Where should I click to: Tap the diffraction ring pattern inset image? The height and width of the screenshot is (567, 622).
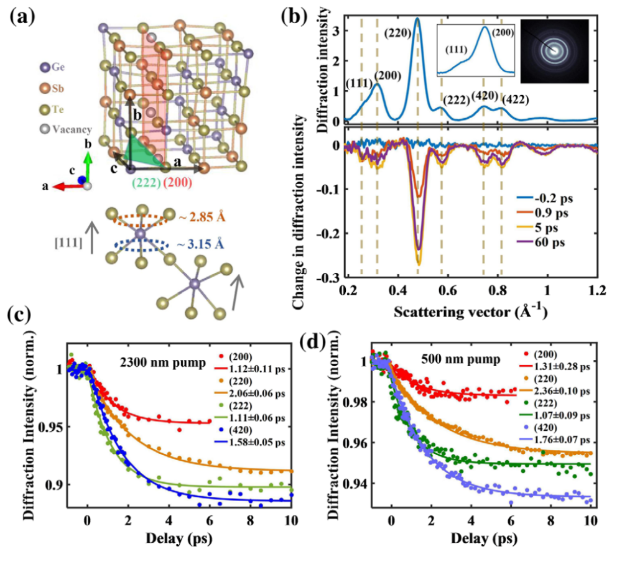[554, 50]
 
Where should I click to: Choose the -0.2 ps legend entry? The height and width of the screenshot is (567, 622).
[553, 198]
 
